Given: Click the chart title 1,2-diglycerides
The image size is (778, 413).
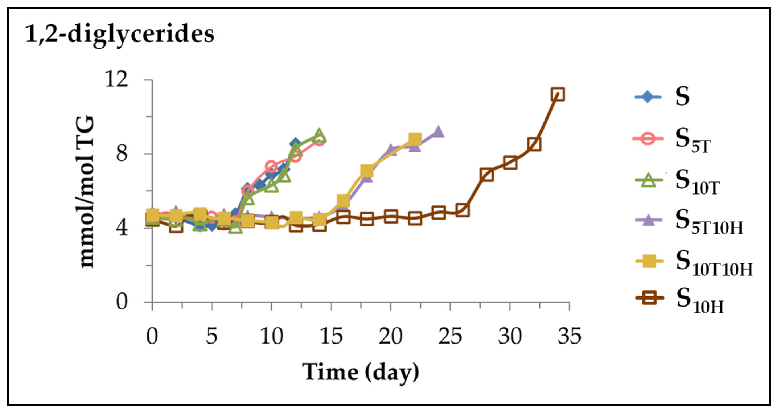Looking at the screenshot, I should click(120, 34).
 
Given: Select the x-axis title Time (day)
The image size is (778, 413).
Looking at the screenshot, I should click(361, 372).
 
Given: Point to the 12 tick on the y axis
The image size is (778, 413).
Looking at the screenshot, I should click(116, 80).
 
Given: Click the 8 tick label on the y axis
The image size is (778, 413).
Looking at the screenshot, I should click(122, 154).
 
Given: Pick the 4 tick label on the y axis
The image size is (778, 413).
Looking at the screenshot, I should click(122, 228).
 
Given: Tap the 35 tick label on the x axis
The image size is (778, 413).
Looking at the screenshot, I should click(569, 336).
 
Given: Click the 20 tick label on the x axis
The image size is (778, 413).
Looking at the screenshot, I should click(391, 336).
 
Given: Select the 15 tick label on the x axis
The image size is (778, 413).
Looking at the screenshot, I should click(331, 336).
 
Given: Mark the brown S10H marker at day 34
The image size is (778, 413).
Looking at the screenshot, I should click(558, 94).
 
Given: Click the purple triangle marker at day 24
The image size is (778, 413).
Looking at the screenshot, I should click(438, 132).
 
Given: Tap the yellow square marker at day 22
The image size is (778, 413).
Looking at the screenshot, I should click(415, 139).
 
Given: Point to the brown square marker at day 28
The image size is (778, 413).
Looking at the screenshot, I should click(486, 175).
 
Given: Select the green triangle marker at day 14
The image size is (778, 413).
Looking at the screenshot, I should click(319, 135).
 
